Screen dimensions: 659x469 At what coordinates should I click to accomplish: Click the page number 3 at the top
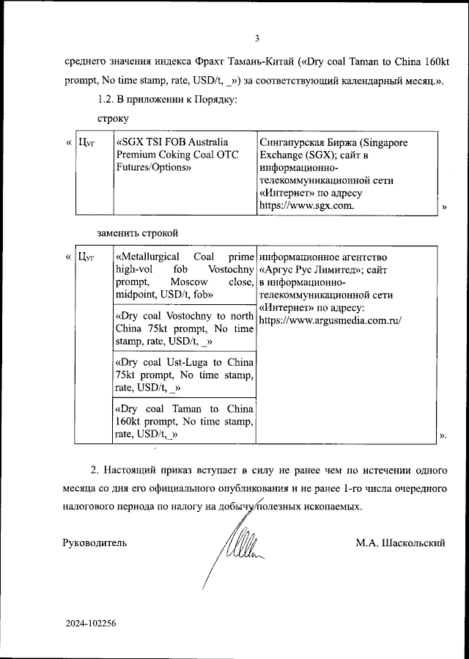tap(256, 39)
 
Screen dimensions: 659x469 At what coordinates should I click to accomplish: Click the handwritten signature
tap(237, 546)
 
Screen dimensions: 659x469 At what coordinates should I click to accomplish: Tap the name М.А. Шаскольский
tap(400, 543)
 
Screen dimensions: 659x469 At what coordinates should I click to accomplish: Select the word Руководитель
tap(95, 543)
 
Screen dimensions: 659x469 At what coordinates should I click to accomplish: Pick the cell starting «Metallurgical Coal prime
tap(184, 276)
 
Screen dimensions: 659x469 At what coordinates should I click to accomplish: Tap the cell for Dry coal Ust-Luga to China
tap(184, 375)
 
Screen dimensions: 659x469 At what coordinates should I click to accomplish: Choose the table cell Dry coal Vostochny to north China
tap(184, 328)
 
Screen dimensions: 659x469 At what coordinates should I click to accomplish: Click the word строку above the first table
tap(112, 117)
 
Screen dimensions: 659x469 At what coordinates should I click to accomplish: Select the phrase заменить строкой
tap(139, 232)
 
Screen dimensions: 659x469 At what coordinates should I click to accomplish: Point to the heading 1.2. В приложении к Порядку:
tap(167, 99)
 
